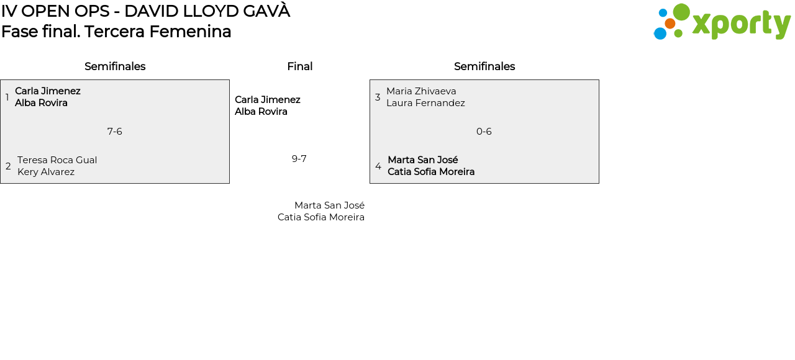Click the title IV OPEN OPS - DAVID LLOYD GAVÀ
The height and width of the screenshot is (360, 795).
click(145, 11)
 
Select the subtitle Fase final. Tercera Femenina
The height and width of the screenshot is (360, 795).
click(116, 32)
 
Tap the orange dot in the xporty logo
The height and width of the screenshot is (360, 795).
click(670, 24)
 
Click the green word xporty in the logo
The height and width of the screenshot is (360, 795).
click(741, 25)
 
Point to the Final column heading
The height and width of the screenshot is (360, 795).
click(299, 66)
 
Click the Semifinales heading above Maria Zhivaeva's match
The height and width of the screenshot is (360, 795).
click(484, 66)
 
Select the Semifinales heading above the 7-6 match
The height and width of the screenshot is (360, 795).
click(115, 66)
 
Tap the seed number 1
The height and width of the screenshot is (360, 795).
click(7, 97)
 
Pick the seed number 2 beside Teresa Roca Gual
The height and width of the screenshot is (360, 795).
click(8, 166)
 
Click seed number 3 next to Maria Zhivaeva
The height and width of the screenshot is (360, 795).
click(378, 97)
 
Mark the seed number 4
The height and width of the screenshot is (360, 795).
click(378, 166)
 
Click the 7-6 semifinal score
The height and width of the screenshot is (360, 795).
click(115, 132)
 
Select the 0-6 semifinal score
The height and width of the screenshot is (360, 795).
click(484, 132)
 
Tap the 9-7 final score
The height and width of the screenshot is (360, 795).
click(299, 159)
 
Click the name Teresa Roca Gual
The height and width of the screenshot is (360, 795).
click(57, 160)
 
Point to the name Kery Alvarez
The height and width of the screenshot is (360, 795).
click(46, 172)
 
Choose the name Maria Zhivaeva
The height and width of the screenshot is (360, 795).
click(421, 91)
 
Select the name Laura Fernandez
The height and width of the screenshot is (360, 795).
click(425, 103)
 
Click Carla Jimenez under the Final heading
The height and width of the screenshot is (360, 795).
click(268, 100)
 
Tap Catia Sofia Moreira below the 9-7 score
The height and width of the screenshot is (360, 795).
click(321, 217)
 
